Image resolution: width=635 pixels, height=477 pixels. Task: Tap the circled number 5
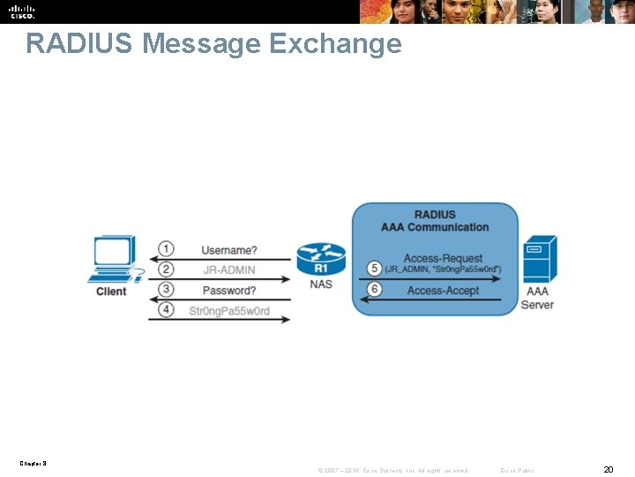click(x=375, y=267)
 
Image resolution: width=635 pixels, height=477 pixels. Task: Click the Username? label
click(x=229, y=250)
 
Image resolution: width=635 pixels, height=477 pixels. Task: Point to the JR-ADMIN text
click(x=229, y=270)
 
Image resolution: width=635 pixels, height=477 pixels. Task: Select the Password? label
click(x=229, y=291)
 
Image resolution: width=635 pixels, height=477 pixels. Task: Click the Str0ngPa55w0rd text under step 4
click(x=229, y=311)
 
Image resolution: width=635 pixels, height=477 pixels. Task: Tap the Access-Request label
click(x=443, y=258)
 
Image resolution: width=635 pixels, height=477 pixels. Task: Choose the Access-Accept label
click(x=443, y=291)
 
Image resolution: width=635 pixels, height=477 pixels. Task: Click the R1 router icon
click(x=321, y=260)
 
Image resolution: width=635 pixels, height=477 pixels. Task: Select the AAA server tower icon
click(x=539, y=258)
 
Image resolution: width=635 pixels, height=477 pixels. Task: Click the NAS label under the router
click(x=321, y=284)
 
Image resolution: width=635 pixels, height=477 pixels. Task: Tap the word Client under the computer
click(x=111, y=291)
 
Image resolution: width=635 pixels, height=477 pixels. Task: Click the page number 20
click(x=608, y=469)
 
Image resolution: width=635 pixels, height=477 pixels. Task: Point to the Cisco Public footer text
click(x=517, y=470)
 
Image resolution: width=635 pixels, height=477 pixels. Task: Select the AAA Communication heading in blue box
click(x=435, y=227)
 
